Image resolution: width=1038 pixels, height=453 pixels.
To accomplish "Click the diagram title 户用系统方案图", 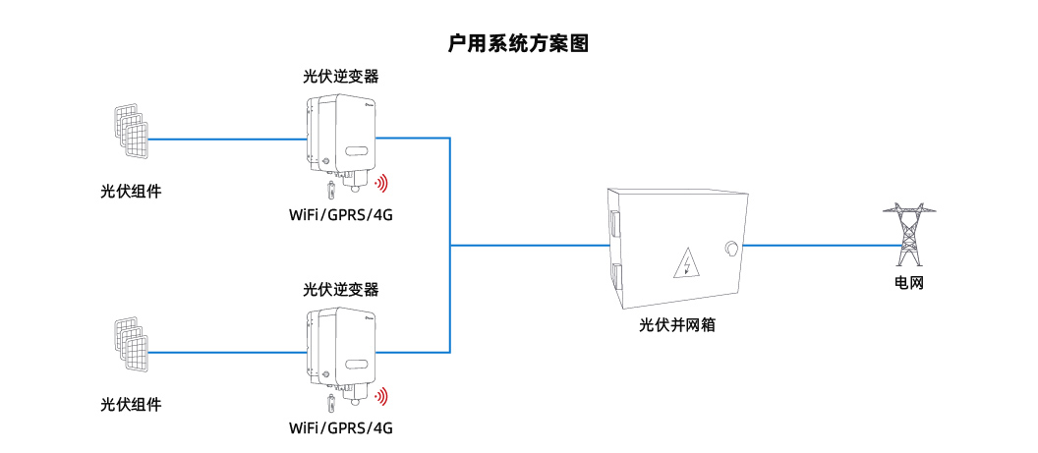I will [x=518, y=43].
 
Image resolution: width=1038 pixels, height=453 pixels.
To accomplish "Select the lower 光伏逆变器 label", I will [x=341, y=289].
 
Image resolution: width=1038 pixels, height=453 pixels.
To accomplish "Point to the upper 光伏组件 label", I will [x=131, y=191].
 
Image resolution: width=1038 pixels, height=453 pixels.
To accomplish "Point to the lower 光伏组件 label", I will [x=131, y=404].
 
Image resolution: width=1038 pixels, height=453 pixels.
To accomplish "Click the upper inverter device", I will [x=340, y=134].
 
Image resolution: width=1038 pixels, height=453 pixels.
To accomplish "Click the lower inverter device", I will [x=340, y=347].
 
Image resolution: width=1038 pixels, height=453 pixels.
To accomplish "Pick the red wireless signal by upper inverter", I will [x=381, y=183].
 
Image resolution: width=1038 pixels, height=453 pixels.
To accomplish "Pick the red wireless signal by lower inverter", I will [x=381, y=396].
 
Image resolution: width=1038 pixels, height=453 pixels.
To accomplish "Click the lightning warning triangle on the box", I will [x=684, y=264].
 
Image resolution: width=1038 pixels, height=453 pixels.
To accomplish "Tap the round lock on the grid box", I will [x=729, y=247].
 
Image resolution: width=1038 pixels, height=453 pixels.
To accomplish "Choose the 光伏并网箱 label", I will [x=677, y=324].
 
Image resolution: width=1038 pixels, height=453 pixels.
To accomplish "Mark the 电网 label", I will [x=908, y=283].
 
